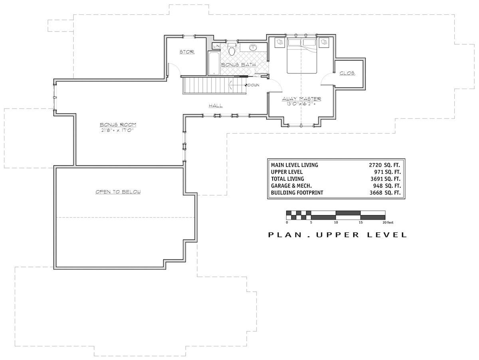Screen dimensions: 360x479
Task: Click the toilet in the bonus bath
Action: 232,50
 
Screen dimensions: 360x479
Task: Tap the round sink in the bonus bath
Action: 253,48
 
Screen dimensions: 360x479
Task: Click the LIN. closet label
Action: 216,46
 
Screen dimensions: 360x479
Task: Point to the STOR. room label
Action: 186,52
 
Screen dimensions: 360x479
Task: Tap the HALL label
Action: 216,106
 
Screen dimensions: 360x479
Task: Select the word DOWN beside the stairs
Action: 253,85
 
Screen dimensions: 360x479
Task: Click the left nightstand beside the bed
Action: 280,42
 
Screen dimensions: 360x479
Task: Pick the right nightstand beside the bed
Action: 324,42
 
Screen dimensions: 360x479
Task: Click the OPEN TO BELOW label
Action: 118,192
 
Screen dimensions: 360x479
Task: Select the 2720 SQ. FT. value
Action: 384,165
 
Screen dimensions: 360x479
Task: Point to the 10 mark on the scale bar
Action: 336,222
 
